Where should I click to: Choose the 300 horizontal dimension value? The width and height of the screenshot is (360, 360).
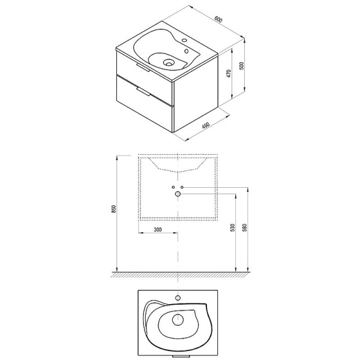pos(157,230)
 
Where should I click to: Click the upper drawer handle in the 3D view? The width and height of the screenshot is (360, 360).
pos(142,68)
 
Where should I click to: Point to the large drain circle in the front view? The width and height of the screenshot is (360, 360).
pos(178,194)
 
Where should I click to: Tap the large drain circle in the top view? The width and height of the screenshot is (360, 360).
pos(178,320)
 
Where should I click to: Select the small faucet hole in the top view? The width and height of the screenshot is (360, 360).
pos(178,297)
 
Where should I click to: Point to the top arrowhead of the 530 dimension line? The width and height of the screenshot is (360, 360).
pos(233,196)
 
